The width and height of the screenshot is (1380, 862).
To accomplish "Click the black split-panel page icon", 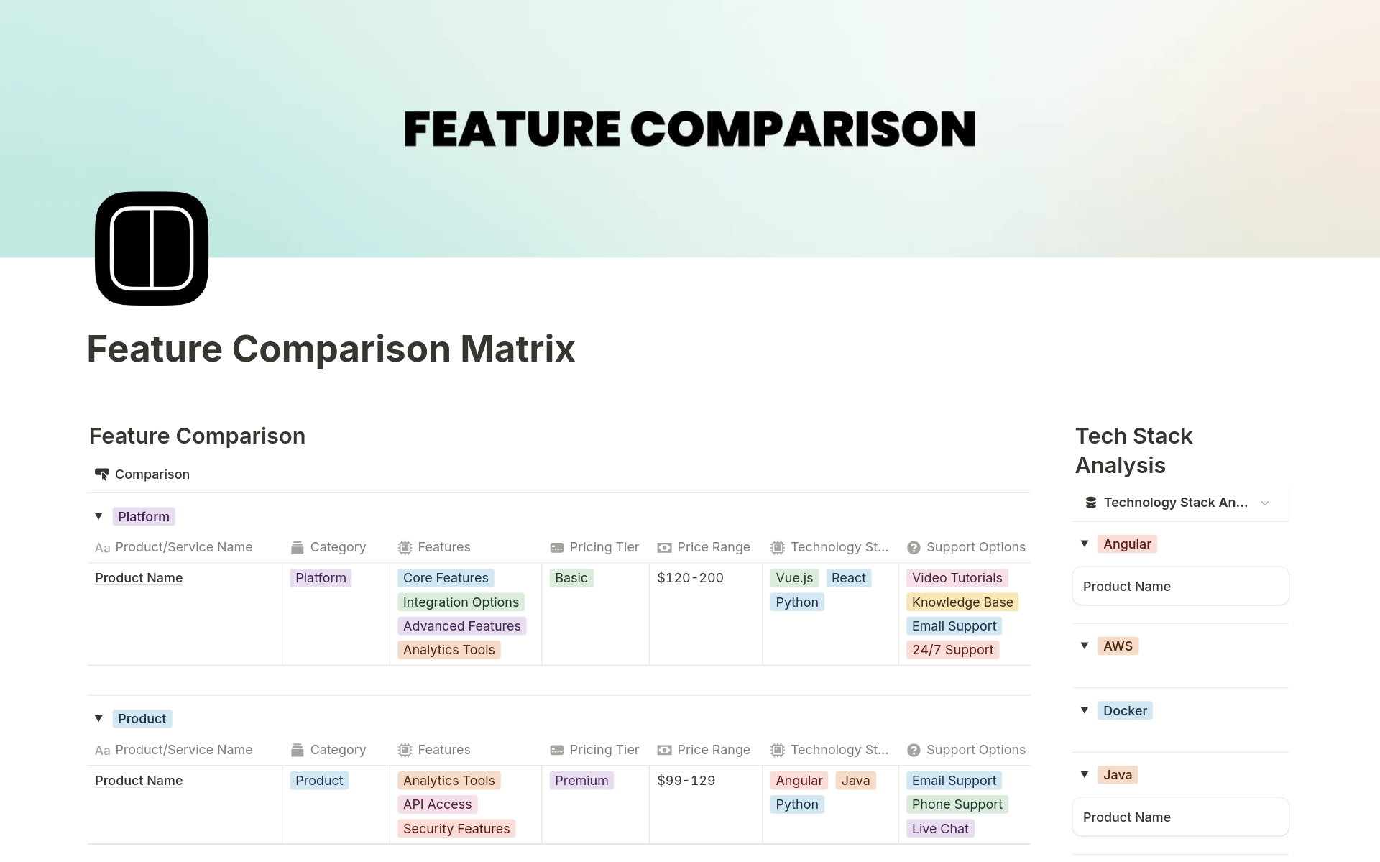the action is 152,248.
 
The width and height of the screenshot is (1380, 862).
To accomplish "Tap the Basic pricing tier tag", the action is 571,578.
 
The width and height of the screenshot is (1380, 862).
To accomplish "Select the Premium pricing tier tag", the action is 581,781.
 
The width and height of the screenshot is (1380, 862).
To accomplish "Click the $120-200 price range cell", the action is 690,578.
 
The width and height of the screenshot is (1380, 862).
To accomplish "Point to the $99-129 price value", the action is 686,781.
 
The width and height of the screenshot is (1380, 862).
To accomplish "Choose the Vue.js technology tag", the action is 794,578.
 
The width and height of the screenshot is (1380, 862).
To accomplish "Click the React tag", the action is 849,578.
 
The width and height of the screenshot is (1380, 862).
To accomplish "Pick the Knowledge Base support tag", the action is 962,602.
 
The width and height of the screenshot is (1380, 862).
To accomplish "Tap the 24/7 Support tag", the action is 952,650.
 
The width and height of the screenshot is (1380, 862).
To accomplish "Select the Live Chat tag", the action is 940,829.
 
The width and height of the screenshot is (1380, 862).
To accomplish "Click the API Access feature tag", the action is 438,804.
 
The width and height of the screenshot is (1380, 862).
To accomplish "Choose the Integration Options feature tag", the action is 461,602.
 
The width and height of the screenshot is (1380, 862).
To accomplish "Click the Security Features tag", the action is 456,829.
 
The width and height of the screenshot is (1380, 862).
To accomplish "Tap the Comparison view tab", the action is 142,474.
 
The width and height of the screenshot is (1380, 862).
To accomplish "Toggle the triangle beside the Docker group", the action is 1085,710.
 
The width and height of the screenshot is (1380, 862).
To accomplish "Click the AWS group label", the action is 1118,646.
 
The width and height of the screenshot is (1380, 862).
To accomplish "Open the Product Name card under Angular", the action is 1180,587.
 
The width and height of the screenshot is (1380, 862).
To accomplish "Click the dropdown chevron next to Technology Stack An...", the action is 1265,503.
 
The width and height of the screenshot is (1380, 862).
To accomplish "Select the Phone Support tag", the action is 957,804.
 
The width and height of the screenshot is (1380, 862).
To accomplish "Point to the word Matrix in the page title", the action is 517,349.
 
